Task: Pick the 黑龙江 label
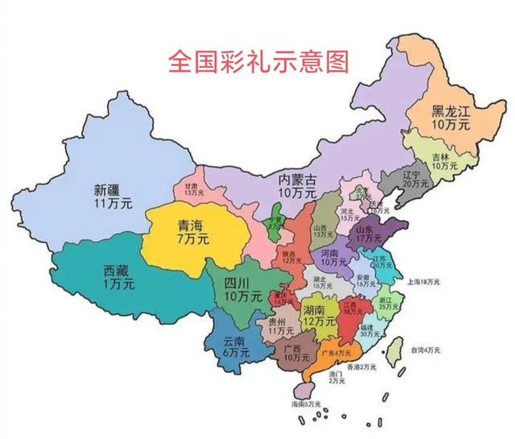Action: (x=450, y=112)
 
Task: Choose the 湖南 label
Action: (x=313, y=310)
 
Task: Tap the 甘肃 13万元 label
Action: (x=190, y=188)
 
